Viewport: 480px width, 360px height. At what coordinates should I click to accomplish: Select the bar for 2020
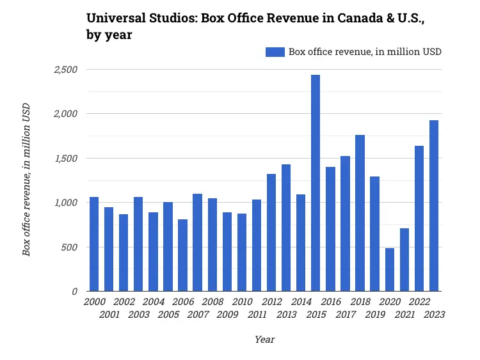[x=390, y=269]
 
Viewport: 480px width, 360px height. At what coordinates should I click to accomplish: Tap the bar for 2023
[x=434, y=205]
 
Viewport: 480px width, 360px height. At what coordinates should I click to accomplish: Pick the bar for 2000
[x=94, y=244]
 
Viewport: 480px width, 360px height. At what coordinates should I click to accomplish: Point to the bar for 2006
[x=183, y=255]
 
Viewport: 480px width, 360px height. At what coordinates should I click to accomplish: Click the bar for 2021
[x=404, y=260]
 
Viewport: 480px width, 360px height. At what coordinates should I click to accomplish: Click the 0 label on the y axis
[x=75, y=292]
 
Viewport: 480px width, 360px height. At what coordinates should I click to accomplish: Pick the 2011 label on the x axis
[x=257, y=315]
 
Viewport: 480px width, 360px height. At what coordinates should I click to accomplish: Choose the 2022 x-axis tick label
[x=419, y=302]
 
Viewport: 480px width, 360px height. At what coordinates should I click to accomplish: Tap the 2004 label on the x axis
[x=153, y=302]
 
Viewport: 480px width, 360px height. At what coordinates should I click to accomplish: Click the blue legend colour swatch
[x=275, y=52]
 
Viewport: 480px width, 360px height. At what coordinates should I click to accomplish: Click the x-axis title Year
[x=264, y=340]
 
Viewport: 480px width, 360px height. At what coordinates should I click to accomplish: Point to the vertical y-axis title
[x=26, y=179]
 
